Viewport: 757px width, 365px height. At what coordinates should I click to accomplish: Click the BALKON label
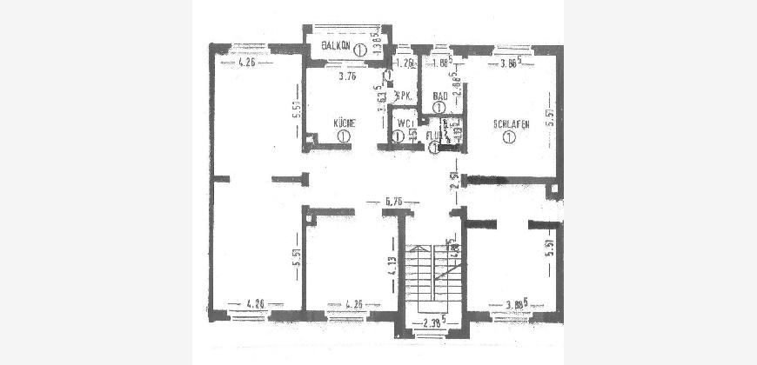[336, 45]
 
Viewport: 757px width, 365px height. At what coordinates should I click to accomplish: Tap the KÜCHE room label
[345, 123]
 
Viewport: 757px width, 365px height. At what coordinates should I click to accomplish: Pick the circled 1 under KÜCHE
[345, 136]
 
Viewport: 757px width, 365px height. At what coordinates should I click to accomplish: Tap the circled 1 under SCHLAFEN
[509, 137]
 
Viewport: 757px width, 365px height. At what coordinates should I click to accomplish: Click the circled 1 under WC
[398, 136]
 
